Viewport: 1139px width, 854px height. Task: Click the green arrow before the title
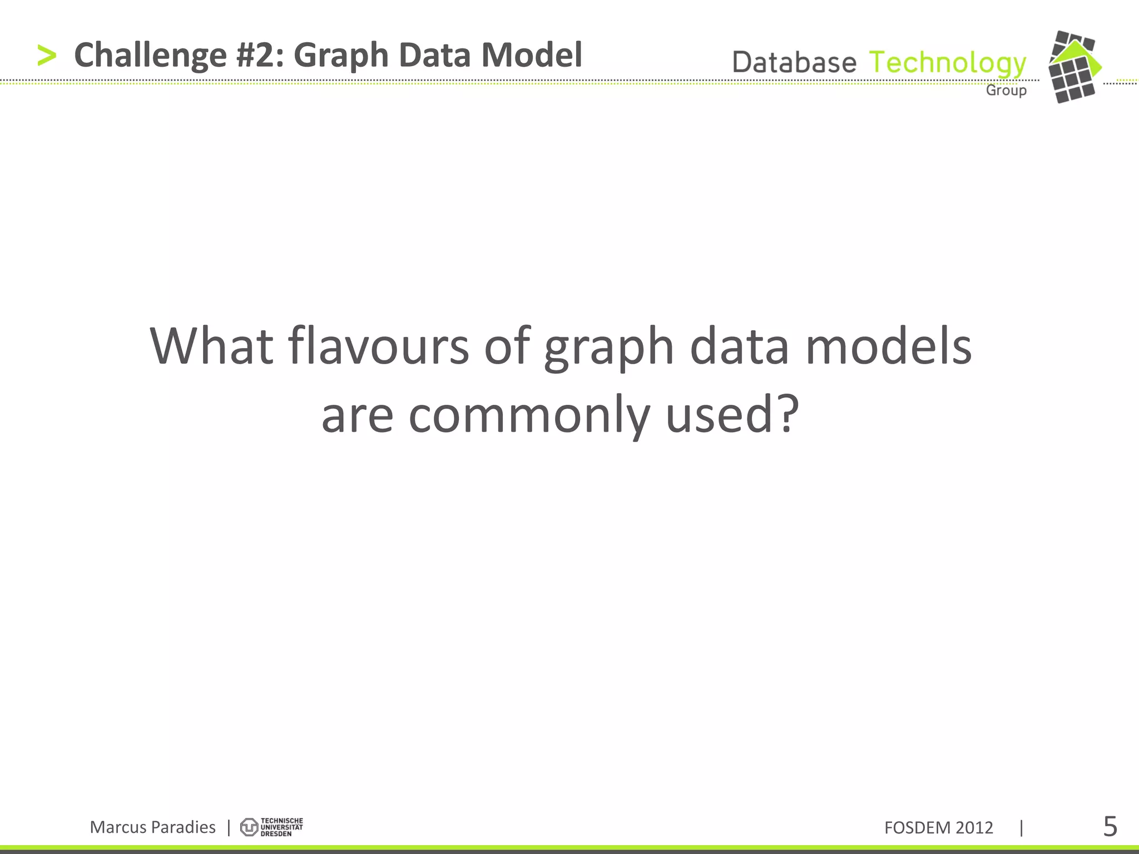coord(47,56)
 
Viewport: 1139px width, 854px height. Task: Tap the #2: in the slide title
coord(260,56)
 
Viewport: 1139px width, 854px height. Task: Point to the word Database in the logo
coord(794,62)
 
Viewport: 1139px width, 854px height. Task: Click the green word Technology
coord(947,63)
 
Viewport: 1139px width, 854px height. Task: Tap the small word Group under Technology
coord(1006,90)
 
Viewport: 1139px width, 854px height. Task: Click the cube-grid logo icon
coord(1074,67)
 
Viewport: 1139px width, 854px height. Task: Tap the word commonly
coord(529,416)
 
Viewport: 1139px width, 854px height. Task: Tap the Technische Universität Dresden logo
coord(271,827)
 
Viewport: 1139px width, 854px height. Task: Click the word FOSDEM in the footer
coord(918,828)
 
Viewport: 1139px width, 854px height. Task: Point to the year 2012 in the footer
coord(974,828)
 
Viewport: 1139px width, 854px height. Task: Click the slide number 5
coord(1110,827)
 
